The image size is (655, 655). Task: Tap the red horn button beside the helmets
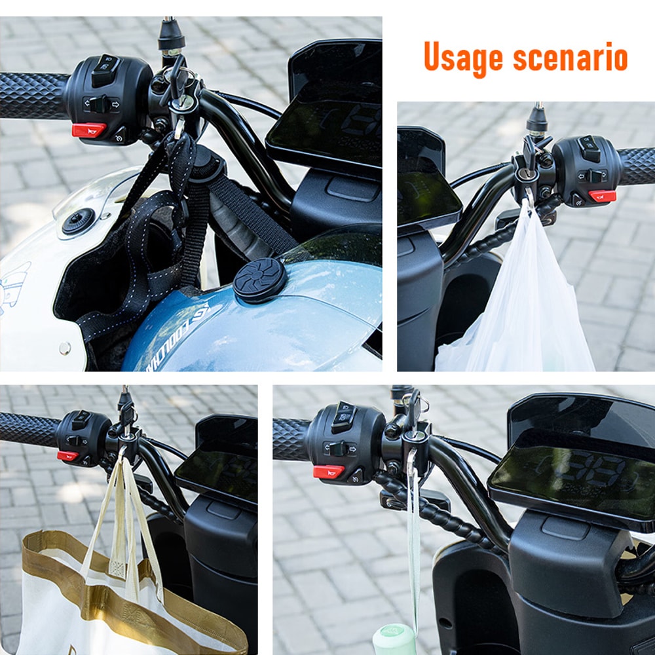(88, 130)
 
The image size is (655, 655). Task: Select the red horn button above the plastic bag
(602, 195)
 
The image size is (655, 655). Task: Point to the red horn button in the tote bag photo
(67, 456)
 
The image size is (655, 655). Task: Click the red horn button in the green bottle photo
(328, 471)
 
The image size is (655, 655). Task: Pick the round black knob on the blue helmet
(260, 280)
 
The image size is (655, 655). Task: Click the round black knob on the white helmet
(78, 221)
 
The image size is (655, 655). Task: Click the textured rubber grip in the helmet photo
(33, 95)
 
